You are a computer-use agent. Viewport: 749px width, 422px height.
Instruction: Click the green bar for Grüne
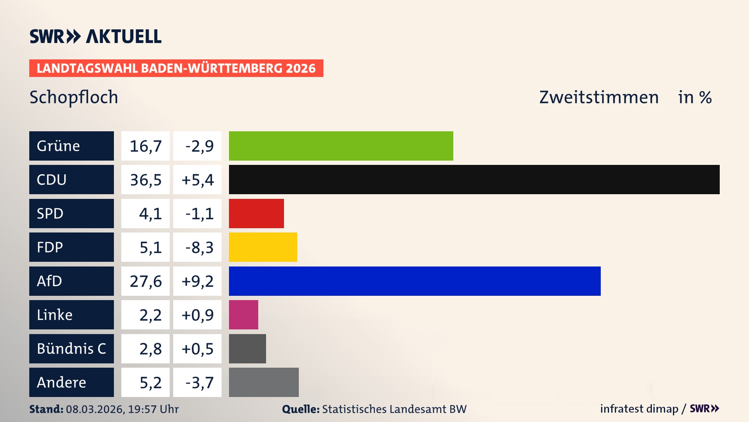[x=341, y=146]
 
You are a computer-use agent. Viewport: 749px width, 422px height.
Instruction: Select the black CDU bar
[x=474, y=179]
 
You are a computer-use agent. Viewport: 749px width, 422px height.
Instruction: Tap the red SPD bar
[x=256, y=213]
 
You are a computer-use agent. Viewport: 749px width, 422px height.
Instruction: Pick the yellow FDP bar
[x=263, y=247]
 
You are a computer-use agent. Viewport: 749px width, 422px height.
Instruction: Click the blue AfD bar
[x=414, y=281]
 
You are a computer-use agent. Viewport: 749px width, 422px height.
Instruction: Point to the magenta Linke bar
[x=243, y=315]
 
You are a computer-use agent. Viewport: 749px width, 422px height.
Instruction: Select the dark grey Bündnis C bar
[x=247, y=349]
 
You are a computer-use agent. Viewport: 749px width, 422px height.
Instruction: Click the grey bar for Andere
[x=264, y=382]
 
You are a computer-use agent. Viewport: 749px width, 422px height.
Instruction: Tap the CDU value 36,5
[x=146, y=180]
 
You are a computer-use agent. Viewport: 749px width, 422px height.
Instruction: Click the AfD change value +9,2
[x=197, y=281]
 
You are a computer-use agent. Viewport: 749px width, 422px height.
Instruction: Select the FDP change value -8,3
[x=199, y=247]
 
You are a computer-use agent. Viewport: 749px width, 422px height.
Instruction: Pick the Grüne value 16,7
[x=146, y=146]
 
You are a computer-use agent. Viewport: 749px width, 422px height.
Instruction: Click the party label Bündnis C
[x=71, y=349]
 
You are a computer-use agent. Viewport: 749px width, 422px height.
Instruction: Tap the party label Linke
[x=55, y=315]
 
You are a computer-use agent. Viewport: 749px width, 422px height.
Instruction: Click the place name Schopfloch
[x=74, y=97]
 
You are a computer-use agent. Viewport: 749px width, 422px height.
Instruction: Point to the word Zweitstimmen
[x=599, y=97]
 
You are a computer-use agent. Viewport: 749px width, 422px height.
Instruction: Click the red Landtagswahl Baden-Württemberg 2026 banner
[x=176, y=68]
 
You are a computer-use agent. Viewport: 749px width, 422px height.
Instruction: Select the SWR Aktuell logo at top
[x=96, y=36]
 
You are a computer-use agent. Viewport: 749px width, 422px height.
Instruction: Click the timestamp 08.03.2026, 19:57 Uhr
[x=122, y=409]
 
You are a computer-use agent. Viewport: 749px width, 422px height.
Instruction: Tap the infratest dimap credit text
[x=639, y=409]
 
